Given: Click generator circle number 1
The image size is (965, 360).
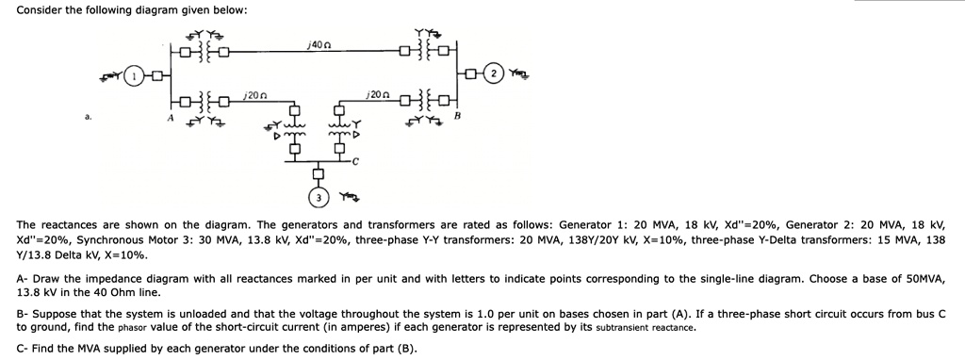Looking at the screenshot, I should (x=135, y=74).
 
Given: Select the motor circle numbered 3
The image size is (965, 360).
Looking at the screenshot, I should (x=319, y=197).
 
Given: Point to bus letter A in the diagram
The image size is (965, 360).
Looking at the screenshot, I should (x=171, y=117).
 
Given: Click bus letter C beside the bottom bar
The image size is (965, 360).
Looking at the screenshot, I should (x=356, y=162).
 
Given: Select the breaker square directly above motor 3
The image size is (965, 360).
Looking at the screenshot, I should (x=319, y=173).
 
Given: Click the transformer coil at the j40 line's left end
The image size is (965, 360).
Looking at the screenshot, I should (x=201, y=49).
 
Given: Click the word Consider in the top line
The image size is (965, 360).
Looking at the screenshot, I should (x=39, y=9).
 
